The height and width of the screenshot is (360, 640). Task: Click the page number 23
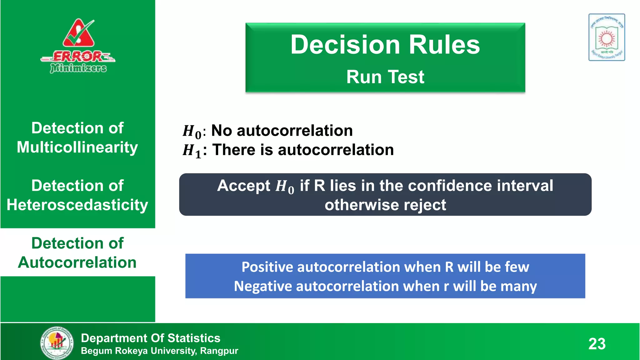597,344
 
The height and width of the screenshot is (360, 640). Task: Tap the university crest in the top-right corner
607,37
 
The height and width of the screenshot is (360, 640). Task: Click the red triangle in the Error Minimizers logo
78,34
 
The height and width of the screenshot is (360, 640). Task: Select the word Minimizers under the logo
78,68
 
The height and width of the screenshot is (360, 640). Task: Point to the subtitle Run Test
385,77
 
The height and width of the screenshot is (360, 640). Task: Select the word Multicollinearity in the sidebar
77,147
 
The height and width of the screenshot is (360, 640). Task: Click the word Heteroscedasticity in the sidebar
77,205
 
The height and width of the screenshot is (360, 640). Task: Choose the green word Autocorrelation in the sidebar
77,262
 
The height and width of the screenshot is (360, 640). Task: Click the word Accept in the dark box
244,186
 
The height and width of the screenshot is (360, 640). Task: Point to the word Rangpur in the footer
219,351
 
